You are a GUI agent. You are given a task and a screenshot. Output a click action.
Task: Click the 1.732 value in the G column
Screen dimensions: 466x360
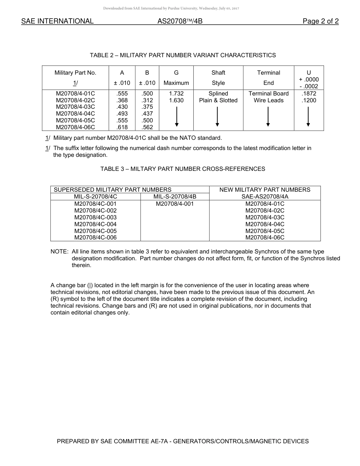(x=176, y=94)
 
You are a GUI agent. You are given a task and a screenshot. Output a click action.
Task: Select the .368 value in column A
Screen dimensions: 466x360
(x=122, y=100)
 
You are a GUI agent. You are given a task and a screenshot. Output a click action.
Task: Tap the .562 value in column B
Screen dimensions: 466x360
(x=147, y=127)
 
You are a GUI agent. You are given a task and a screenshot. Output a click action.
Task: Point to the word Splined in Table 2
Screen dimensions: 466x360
(x=218, y=94)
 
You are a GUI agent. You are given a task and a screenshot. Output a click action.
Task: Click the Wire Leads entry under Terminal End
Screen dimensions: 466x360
(x=269, y=100)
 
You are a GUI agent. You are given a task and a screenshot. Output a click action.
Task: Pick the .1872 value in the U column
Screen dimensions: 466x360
(x=309, y=94)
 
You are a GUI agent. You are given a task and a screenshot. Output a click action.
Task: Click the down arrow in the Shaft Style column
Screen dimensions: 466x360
(x=217, y=117)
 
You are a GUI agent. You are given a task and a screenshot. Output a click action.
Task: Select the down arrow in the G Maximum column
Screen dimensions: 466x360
(x=176, y=117)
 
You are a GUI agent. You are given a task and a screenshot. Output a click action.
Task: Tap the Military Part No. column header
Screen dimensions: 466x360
(x=75, y=73)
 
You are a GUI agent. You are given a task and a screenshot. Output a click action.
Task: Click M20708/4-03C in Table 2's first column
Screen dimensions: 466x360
(x=75, y=107)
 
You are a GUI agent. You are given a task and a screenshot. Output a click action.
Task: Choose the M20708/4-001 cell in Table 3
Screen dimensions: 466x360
(x=175, y=204)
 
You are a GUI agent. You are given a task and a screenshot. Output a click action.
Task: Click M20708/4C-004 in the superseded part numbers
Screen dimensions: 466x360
(x=95, y=224)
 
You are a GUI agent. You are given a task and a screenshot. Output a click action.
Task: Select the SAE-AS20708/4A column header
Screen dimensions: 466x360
(x=265, y=197)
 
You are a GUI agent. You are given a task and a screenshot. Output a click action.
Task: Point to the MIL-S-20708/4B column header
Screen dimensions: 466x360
(x=175, y=197)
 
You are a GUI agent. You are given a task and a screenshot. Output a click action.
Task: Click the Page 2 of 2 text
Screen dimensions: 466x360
(x=321, y=22)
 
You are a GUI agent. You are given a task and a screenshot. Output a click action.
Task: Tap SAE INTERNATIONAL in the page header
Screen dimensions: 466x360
(x=57, y=22)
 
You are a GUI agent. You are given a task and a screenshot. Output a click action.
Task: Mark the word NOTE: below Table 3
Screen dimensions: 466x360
(x=59, y=252)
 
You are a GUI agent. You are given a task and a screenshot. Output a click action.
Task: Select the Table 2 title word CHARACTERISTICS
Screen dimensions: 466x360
(x=248, y=55)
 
